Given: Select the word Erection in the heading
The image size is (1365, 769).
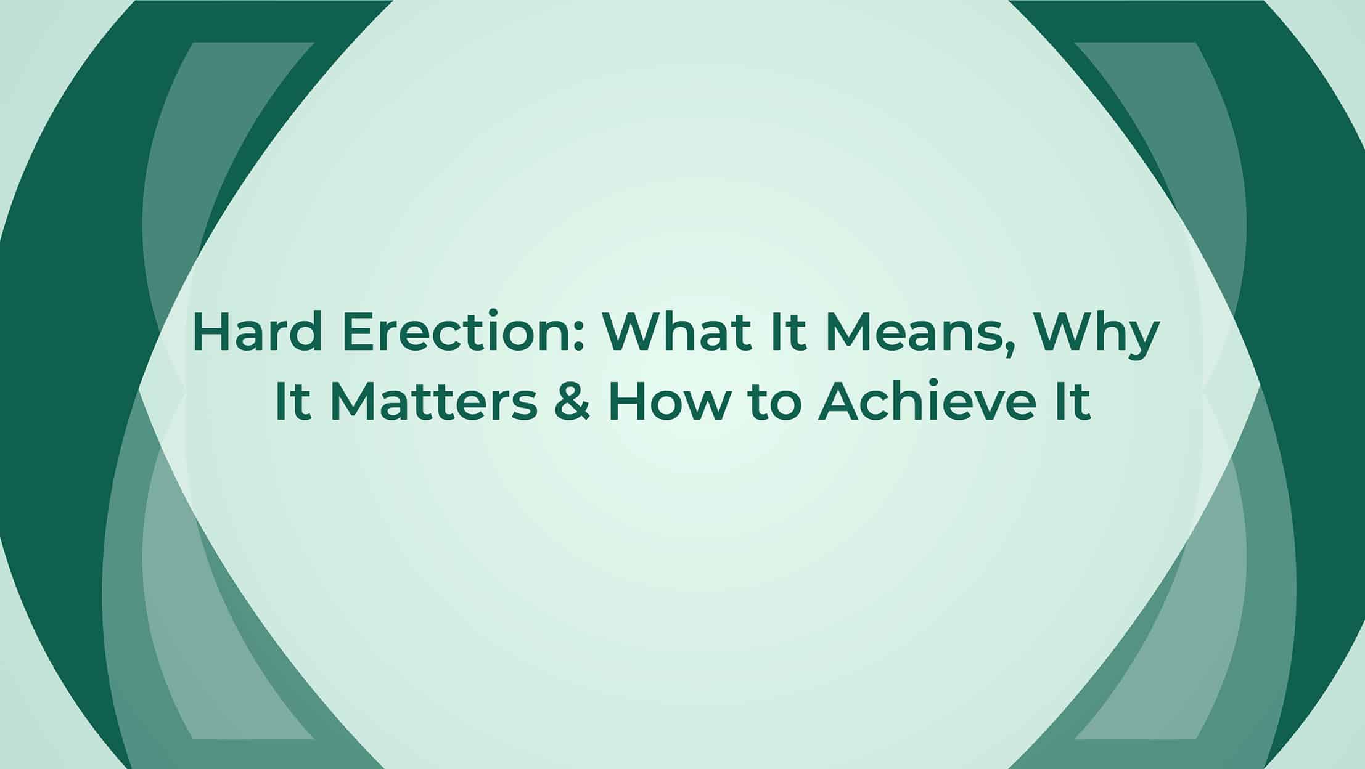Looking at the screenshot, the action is pyautogui.click(x=456, y=332).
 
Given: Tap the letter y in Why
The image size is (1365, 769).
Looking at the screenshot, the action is pyautogui.click(x=1136, y=343).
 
